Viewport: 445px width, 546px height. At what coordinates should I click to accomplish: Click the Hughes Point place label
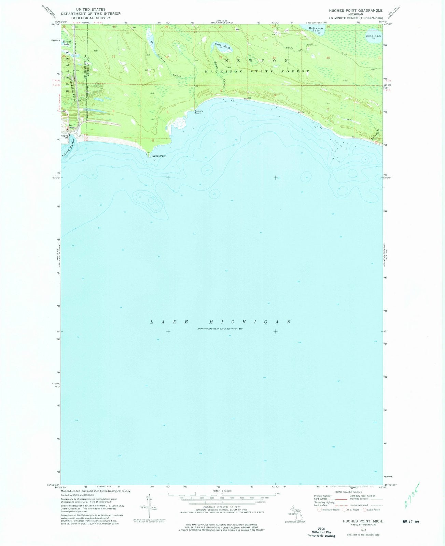click(158, 156)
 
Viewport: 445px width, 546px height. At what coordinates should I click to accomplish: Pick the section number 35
click(328, 58)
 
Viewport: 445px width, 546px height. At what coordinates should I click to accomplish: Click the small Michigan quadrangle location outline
click(294, 510)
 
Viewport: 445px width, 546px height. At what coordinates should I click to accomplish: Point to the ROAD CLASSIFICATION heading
click(348, 492)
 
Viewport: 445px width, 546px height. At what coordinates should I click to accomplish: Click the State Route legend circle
click(364, 510)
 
